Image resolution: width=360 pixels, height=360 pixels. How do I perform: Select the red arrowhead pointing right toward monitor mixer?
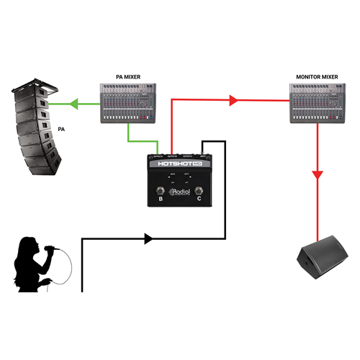tap(233, 102)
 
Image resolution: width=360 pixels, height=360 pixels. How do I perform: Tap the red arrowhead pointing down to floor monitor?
tap(318, 175)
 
